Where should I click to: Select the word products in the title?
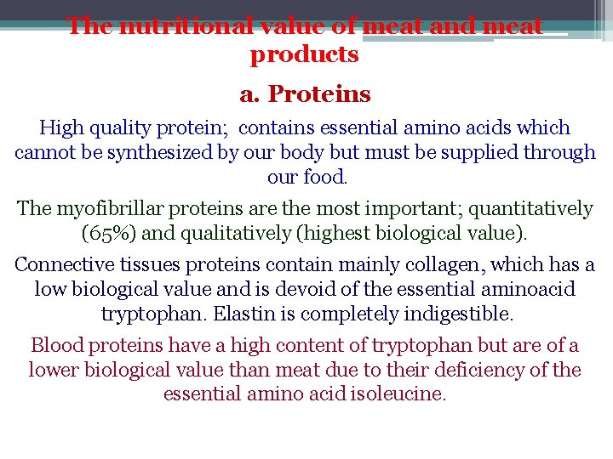pyautogui.click(x=305, y=55)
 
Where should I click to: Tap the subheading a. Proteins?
pyautogui.click(x=305, y=93)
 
